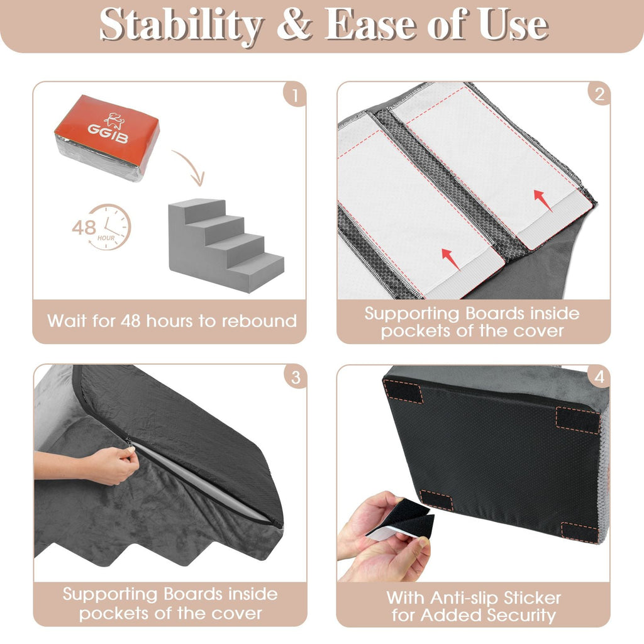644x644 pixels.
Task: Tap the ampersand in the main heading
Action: click(294, 26)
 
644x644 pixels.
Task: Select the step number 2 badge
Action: click(598, 94)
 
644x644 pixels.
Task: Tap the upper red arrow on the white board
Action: click(543, 200)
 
